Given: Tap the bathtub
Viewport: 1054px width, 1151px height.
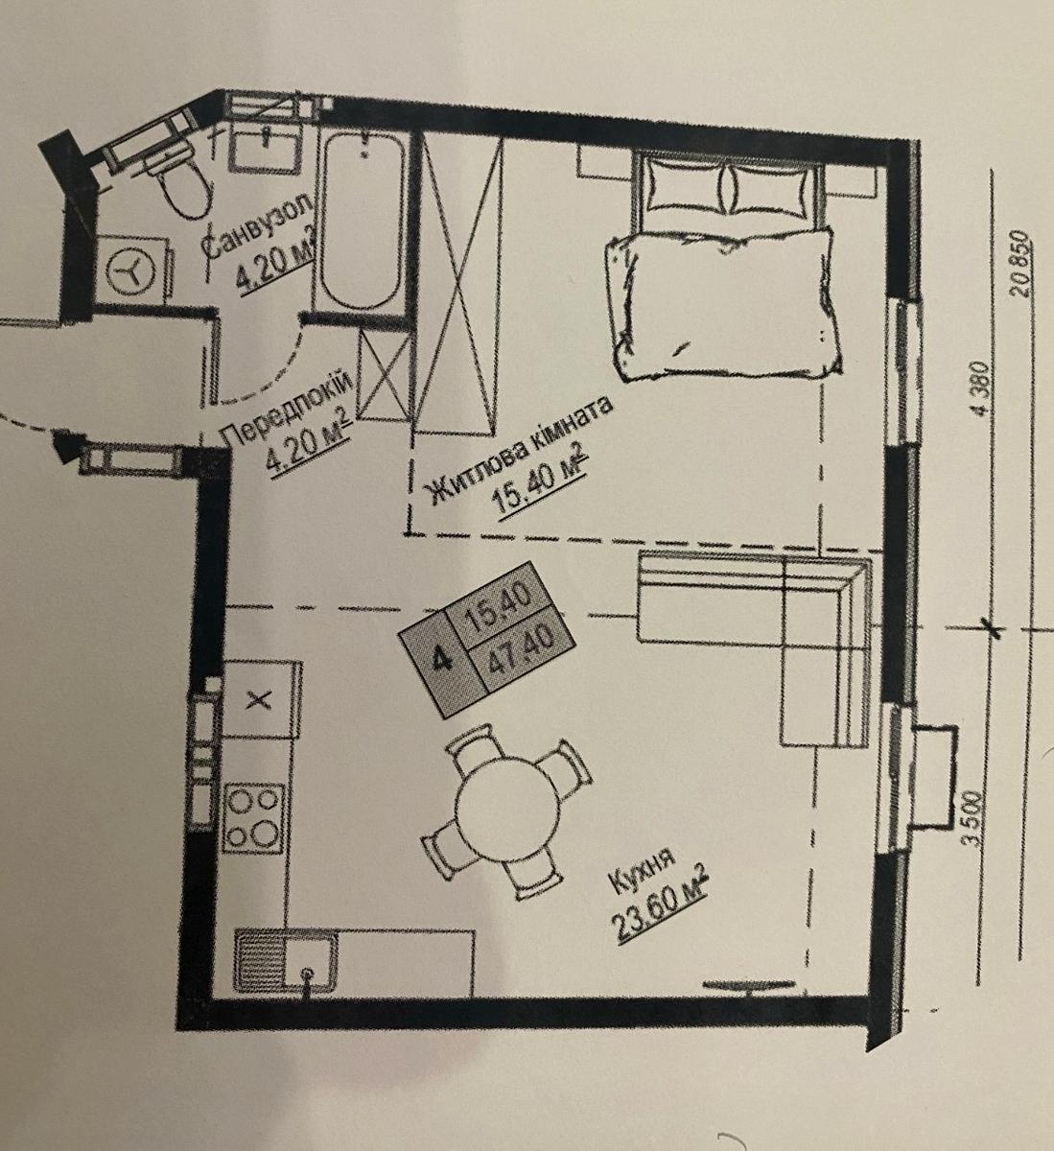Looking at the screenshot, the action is click(x=361, y=222).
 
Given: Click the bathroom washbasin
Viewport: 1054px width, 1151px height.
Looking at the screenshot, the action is click(x=264, y=148).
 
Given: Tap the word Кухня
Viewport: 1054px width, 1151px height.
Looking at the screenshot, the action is click(x=644, y=872).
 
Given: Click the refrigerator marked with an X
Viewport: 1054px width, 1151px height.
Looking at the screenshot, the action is click(x=262, y=699).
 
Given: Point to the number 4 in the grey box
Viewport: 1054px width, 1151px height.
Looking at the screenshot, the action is click(x=442, y=661).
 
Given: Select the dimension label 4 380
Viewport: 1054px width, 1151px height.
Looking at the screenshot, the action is click(x=981, y=390).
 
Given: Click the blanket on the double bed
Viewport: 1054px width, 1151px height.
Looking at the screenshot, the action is click(x=723, y=304).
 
